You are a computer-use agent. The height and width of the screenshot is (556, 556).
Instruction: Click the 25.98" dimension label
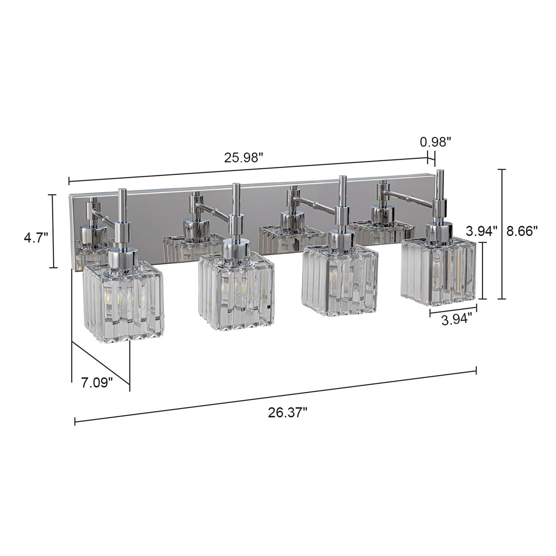point(243,158)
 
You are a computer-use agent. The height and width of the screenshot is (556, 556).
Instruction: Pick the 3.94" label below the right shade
point(457,319)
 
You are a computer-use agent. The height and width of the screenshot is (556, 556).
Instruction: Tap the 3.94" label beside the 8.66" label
point(482,231)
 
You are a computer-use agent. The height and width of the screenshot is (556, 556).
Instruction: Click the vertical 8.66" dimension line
point(503,234)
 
